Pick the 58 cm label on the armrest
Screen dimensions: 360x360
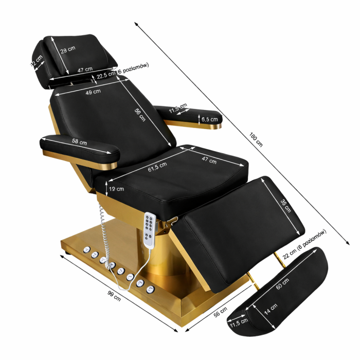(79, 142)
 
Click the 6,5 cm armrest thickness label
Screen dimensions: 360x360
(210, 119)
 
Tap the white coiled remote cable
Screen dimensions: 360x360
(103, 231)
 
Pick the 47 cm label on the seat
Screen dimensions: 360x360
(209, 159)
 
